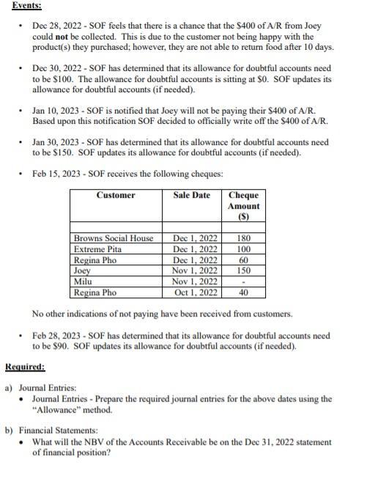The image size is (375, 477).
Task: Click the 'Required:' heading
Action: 25,366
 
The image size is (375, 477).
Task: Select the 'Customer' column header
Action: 115,195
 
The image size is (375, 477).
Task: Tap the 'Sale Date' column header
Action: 192,195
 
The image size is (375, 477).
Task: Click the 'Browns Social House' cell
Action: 114,238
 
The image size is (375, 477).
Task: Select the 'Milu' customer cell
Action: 82,281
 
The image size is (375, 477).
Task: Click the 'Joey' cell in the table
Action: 82,270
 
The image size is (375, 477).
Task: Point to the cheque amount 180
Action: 244,238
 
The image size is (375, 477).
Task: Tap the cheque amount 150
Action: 244,270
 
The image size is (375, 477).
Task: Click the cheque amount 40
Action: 244,292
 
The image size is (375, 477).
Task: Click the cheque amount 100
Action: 244,249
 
